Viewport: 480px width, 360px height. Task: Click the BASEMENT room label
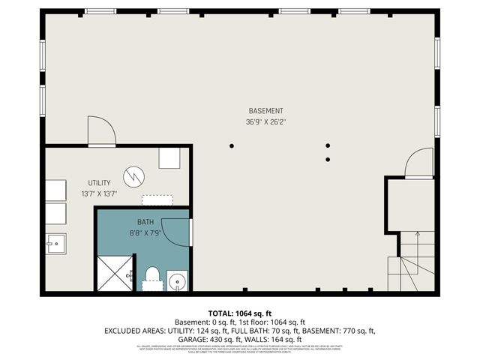click(x=265, y=111)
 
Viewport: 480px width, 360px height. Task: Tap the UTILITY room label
click(x=99, y=183)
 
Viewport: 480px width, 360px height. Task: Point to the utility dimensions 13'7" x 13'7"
click(x=99, y=193)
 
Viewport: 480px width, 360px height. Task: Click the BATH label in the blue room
click(x=145, y=223)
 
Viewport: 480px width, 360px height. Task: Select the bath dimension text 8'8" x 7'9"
click(x=145, y=232)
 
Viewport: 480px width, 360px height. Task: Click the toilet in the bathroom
click(x=151, y=277)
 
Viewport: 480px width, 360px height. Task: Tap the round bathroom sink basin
click(x=178, y=282)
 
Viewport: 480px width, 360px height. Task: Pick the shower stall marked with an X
click(x=115, y=274)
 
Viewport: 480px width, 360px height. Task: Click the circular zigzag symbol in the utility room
click(x=133, y=175)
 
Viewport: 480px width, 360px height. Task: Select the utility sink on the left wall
click(x=55, y=244)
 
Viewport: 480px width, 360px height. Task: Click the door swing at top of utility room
click(x=100, y=132)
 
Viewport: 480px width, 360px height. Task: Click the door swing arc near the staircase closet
click(x=420, y=163)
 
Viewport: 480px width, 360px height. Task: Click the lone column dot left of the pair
click(x=232, y=145)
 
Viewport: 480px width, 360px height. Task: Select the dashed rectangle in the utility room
click(x=157, y=201)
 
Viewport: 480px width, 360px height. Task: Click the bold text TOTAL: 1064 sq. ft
click(x=240, y=313)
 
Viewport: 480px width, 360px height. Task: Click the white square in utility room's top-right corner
click(x=169, y=158)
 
